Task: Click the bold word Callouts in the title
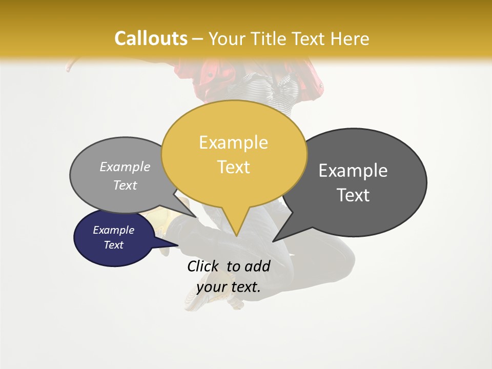151,38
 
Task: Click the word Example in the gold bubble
233,142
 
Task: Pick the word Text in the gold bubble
233,167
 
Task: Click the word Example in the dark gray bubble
353,171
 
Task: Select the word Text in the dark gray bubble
353,195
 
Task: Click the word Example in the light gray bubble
125,167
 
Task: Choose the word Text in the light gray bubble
125,185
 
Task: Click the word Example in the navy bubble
113,230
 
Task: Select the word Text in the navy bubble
113,245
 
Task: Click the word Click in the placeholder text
204,266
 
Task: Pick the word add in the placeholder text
257,266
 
